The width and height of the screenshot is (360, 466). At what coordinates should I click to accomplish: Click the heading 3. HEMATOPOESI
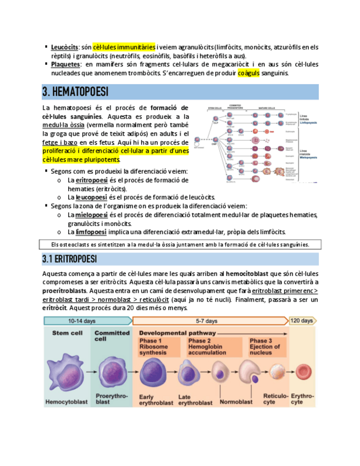(x=75, y=91)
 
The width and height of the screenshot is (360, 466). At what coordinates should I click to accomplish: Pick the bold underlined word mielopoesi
(x=92, y=215)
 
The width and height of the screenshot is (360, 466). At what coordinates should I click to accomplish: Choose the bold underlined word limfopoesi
(x=91, y=232)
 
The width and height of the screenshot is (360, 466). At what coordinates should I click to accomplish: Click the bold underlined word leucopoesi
(x=91, y=197)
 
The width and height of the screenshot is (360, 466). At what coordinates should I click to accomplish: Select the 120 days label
(x=301, y=320)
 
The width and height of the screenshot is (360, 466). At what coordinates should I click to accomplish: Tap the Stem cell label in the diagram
(x=68, y=333)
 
